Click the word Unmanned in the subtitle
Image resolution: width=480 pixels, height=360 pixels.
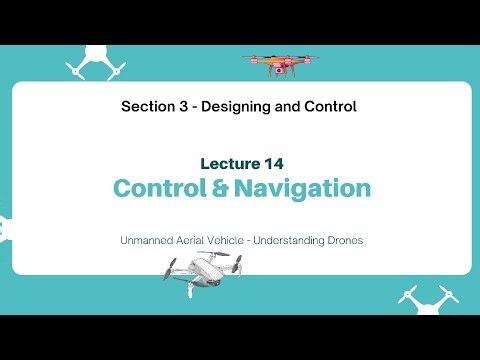click(149, 240)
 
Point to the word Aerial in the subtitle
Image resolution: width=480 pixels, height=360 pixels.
click(198, 240)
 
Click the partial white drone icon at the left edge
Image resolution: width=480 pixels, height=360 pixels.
click(4, 228)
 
